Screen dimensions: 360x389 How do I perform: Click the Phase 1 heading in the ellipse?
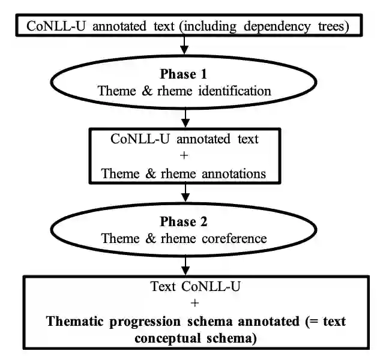coord(184,74)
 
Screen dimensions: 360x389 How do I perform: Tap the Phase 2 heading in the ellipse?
coord(184,222)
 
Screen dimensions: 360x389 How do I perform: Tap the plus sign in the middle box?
coord(184,157)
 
